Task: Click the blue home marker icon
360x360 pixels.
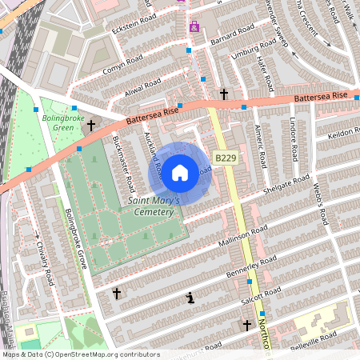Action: pos(180,171)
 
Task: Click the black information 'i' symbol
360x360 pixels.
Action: pos(190,298)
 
